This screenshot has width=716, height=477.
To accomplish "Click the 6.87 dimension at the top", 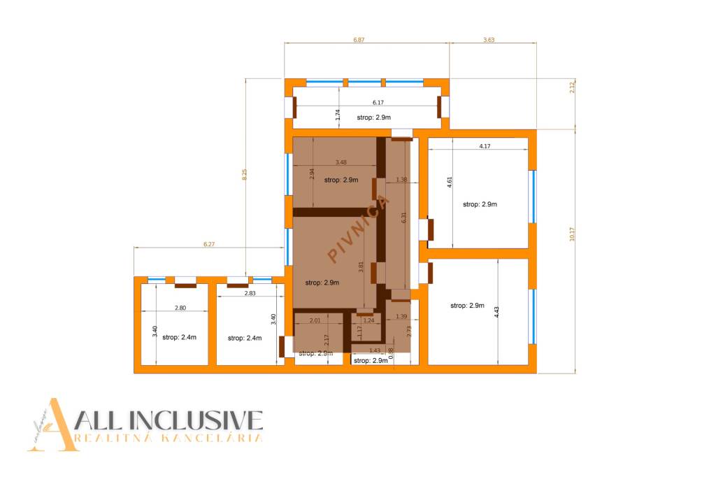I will pyautogui.click(x=359, y=40).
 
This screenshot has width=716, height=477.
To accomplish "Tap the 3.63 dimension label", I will pyautogui.click(x=489, y=40).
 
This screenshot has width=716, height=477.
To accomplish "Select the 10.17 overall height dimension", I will pyautogui.click(x=572, y=235).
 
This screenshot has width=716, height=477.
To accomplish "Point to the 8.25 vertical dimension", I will pyautogui.click(x=244, y=175).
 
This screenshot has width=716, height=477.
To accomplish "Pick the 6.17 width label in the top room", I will pyautogui.click(x=378, y=102).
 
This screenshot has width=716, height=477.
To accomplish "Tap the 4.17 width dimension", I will pyautogui.click(x=485, y=146).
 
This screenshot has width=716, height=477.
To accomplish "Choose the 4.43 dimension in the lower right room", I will pyautogui.click(x=496, y=312).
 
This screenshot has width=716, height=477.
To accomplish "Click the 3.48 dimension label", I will pyautogui.click(x=341, y=162).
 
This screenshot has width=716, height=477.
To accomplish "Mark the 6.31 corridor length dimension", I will pyautogui.click(x=403, y=218).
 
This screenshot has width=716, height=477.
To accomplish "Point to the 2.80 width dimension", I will pyautogui.click(x=180, y=308).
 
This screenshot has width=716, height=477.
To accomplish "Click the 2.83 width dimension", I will pyautogui.click(x=250, y=293).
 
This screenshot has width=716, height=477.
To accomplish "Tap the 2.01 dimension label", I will pyautogui.click(x=315, y=320).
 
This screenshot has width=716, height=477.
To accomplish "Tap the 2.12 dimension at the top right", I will pyautogui.click(x=572, y=87).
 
